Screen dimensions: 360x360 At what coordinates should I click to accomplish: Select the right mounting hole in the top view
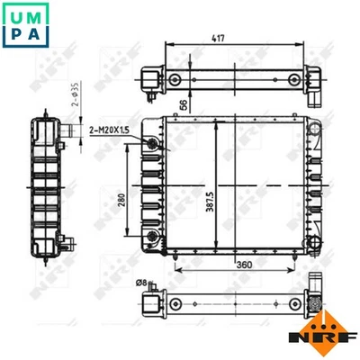[x=293, y=80]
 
